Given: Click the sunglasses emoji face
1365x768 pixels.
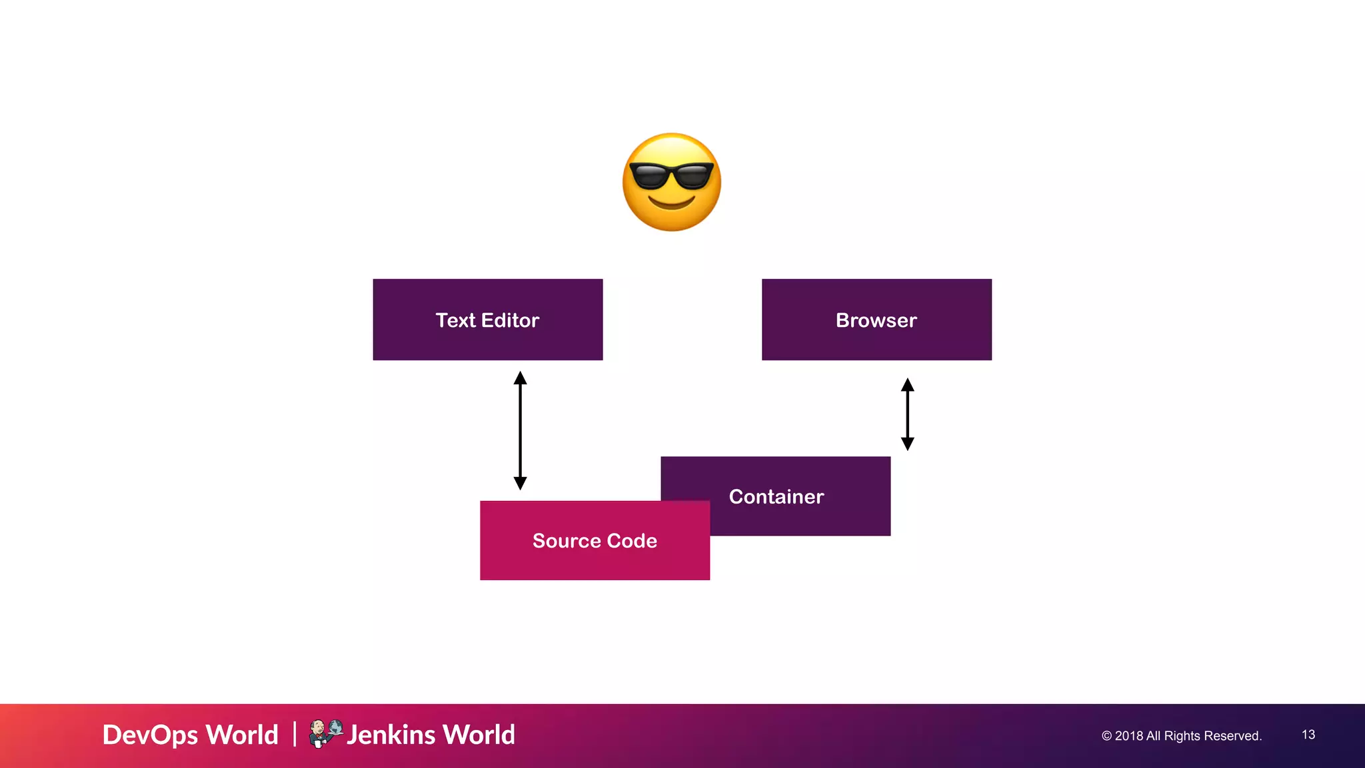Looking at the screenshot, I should tap(672, 182).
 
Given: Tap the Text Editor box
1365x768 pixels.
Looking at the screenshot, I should tap(487, 320).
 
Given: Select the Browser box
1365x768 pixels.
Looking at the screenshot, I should tap(876, 320).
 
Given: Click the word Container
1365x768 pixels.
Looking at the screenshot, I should tap(776, 497).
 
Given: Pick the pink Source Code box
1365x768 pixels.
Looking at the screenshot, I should tap(595, 540).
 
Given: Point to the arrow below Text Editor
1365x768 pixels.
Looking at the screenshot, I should tap(521, 430).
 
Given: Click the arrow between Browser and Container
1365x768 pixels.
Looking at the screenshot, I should tap(907, 414).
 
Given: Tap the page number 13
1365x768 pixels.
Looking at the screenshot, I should tap(1308, 735).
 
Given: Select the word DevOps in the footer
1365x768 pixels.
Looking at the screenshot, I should tap(151, 735).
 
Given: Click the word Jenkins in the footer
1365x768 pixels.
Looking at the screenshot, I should tap(391, 735).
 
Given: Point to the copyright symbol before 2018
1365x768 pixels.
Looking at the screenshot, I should tap(1106, 736).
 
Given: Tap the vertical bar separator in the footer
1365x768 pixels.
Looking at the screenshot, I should tap(295, 734).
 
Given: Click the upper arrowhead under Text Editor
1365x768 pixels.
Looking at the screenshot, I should tap(521, 378).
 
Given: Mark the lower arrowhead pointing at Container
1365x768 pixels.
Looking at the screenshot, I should tap(907, 444).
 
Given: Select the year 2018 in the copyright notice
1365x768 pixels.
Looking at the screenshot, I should tap(1128, 736).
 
